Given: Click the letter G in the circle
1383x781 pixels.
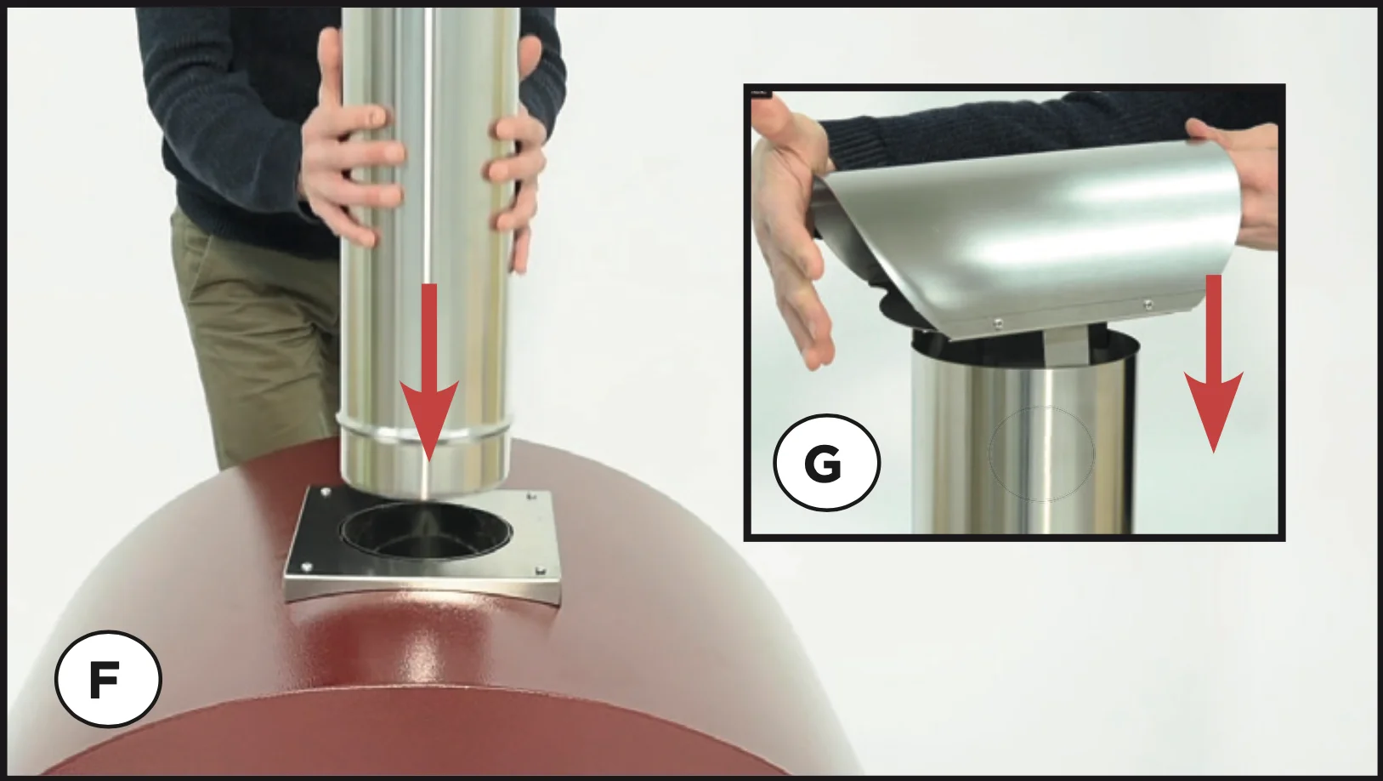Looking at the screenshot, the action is [823, 463].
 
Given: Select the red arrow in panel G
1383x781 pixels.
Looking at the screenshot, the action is [1213, 364].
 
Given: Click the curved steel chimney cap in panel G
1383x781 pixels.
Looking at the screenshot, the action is [1025, 241].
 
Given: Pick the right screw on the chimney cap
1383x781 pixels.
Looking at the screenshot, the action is [1148, 304].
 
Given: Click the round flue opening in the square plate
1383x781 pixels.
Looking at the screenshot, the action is [425, 533].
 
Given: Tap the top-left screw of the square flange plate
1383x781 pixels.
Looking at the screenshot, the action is [326, 492].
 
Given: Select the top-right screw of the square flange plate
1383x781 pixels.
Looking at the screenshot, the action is [530, 495].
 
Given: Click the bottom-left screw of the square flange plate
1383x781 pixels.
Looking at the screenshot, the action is [305, 567].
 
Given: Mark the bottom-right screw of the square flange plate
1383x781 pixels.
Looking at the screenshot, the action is [541, 571].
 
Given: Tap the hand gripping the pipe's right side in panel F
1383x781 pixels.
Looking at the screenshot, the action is [515, 155].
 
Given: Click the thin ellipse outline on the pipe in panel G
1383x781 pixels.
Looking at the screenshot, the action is [1041, 453].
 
